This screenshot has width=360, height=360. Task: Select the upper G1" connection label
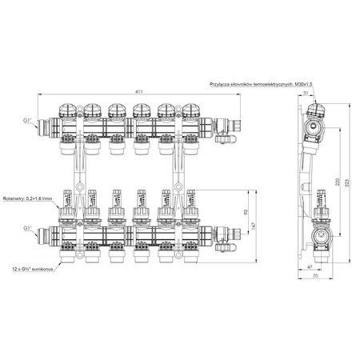30,120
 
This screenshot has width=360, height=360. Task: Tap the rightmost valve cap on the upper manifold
191,110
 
